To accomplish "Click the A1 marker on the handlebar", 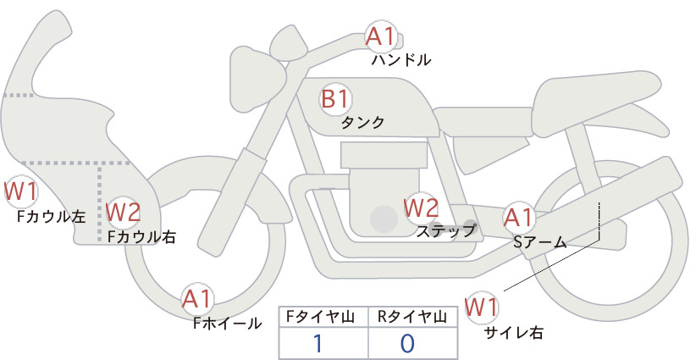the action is point(381,36).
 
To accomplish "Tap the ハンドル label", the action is point(400,60).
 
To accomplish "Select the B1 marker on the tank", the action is point(335,99).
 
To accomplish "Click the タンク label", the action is point(362,122).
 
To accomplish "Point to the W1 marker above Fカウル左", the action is point(20,191).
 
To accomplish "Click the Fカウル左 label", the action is point(51,217).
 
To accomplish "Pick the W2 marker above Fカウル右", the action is point(123,212).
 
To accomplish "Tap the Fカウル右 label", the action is point(141,236).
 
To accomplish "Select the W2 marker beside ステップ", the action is point(421,208).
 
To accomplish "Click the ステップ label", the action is point(445,231).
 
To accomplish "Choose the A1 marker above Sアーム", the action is point(518,218).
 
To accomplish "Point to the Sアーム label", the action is point(540,242).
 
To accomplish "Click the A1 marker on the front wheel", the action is point(197,299).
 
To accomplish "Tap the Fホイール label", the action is point(227,324).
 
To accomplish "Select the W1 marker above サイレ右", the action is point(482,307).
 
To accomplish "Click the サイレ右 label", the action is point(514,333).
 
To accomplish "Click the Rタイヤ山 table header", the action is point(412,317).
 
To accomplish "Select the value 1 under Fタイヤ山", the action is point(318,344).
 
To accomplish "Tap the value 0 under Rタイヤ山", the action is point(407,344).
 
